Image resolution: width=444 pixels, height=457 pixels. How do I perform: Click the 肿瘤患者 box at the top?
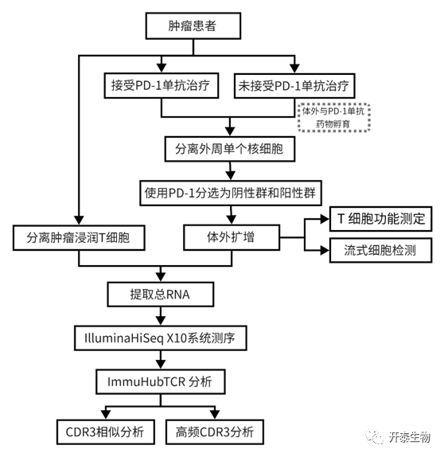click(x=193, y=25)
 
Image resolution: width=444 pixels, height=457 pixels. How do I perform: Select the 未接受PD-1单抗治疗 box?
click(x=294, y=86)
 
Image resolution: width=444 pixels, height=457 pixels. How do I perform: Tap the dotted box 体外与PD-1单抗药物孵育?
click(x=334, y=117)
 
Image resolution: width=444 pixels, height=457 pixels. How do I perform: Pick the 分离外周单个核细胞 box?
click(x=230, y=149)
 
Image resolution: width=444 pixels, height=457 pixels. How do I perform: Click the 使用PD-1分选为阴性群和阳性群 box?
click(x=231, y=193)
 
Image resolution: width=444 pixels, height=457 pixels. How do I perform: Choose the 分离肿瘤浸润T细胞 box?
click(x=79, y=237)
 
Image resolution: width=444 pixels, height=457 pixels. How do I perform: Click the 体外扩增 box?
click(x=232, y=237)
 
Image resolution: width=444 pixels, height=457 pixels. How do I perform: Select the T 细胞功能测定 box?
click(x=381, y=219)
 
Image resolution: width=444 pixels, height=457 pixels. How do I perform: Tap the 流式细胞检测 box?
click(x=381, y=250)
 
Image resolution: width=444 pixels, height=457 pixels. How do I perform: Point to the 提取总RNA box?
click(x=161, y=294)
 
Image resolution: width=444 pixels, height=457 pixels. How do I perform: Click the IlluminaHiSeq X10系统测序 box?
click(x=161, y=338)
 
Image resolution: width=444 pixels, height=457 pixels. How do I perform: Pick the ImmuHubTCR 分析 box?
click(x=161, y=382)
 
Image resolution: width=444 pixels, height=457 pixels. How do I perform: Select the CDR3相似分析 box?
click(x=106, y=432)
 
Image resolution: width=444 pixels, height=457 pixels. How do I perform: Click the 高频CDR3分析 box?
click(x=215, y=432)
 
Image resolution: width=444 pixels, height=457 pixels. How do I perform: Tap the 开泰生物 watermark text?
click(x=409, y=437)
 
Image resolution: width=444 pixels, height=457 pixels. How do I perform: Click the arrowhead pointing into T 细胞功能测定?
click(x=325, y=219)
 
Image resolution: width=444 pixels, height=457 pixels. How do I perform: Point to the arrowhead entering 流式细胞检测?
click(x=325, y=250)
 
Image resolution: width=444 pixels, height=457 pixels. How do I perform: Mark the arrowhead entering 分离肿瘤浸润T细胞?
click(x=79, y=221)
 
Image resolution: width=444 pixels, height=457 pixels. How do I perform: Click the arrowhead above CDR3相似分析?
click(x=106, y=415)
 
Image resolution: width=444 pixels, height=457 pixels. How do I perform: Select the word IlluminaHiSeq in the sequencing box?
click(x=124, y=338)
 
